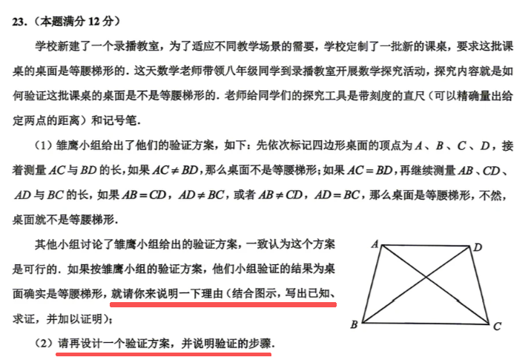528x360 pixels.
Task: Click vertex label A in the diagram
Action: (x=374, y=243)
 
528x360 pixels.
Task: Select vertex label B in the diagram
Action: (x=354, y=324)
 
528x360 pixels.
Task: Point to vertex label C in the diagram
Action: (x=497, y=326)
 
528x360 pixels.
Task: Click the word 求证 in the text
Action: (x=24, y=320)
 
